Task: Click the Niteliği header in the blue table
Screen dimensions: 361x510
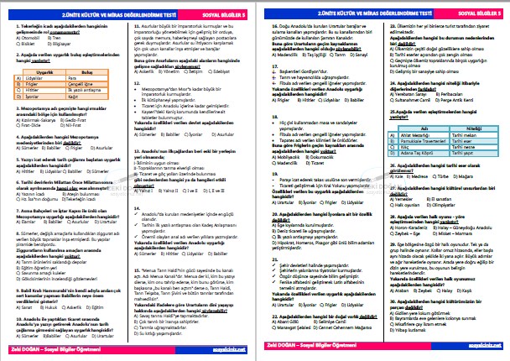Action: point(470,128)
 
